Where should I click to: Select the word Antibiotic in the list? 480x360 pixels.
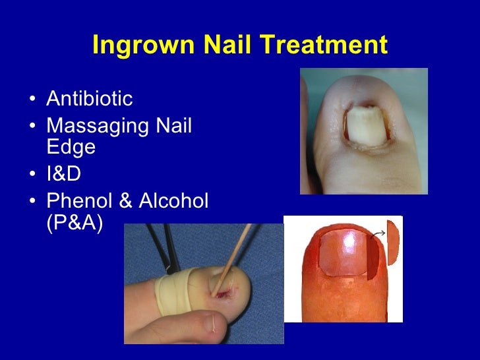click(x=89, y=100)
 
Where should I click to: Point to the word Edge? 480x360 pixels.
click(x=71, y=147)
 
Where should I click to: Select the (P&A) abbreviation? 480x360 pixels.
click(x=75, y=222)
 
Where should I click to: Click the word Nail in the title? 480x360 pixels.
click(x=221, y=45)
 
